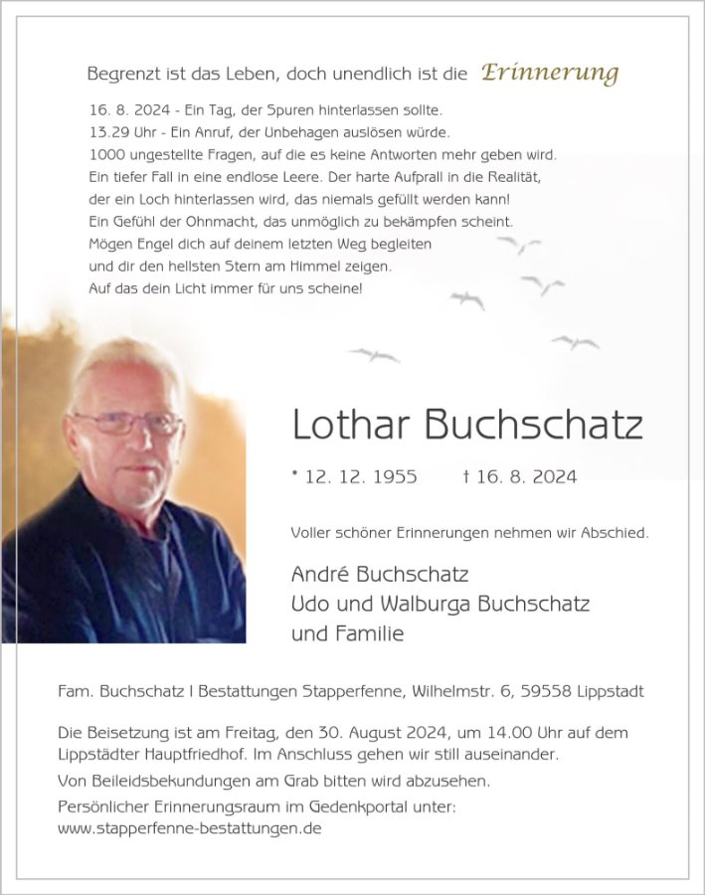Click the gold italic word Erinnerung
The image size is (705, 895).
coord(550,73)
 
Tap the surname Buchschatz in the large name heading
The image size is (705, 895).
coord(533,425)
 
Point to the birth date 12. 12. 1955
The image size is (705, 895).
coord(361,477)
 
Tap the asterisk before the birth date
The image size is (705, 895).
coord(295,476)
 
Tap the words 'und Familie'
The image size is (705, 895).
coord(347,633)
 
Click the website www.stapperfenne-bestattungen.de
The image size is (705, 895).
coord(190,827)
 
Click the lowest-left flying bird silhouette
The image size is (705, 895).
coord(374,354)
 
